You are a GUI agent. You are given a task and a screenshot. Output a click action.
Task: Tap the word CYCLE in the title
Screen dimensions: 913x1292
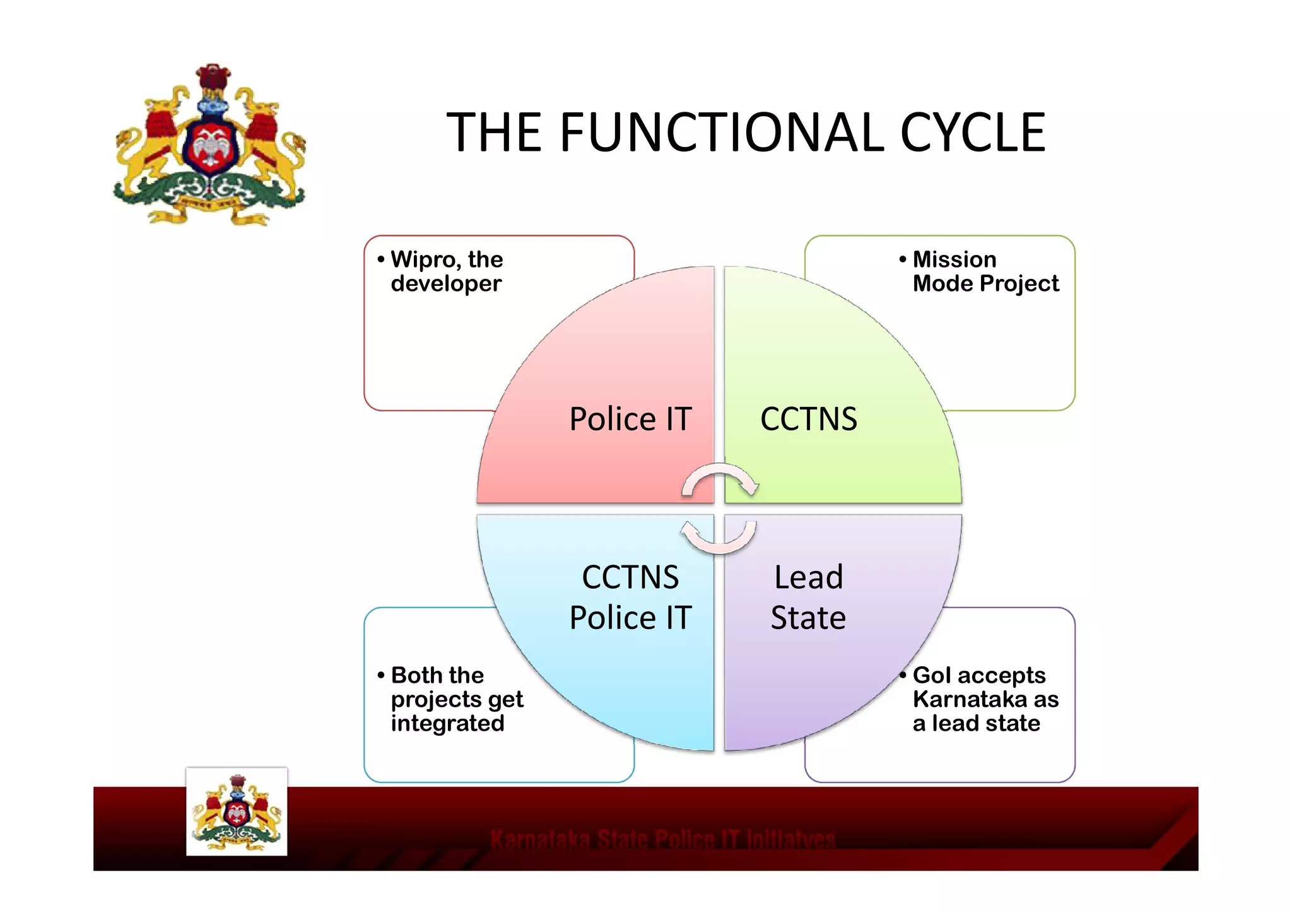coord(972,133)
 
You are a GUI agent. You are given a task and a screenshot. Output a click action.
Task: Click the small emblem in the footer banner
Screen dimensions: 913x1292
coord(237,812)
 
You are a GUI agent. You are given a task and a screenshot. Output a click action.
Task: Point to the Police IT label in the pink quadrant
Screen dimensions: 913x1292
coord(630,419)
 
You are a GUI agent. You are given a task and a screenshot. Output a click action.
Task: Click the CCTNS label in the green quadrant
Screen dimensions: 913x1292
coord(808,419)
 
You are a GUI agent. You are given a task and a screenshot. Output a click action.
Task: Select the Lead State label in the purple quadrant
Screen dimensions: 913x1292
coord(808,597)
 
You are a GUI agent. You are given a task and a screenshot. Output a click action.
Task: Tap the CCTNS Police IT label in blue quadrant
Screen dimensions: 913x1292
coord(630,597)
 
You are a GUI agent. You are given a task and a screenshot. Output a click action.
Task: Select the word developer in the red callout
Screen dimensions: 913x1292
coord(446,284)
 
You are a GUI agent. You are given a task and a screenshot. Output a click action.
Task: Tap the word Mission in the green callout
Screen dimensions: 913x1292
coord(954,260)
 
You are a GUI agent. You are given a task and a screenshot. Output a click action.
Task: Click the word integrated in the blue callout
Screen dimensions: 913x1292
coord(447,723)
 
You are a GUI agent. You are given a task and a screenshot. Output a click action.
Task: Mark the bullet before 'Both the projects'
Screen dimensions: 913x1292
coord(381,675)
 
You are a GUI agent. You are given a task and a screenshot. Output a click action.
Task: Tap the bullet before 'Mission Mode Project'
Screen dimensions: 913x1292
coord(903,259)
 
